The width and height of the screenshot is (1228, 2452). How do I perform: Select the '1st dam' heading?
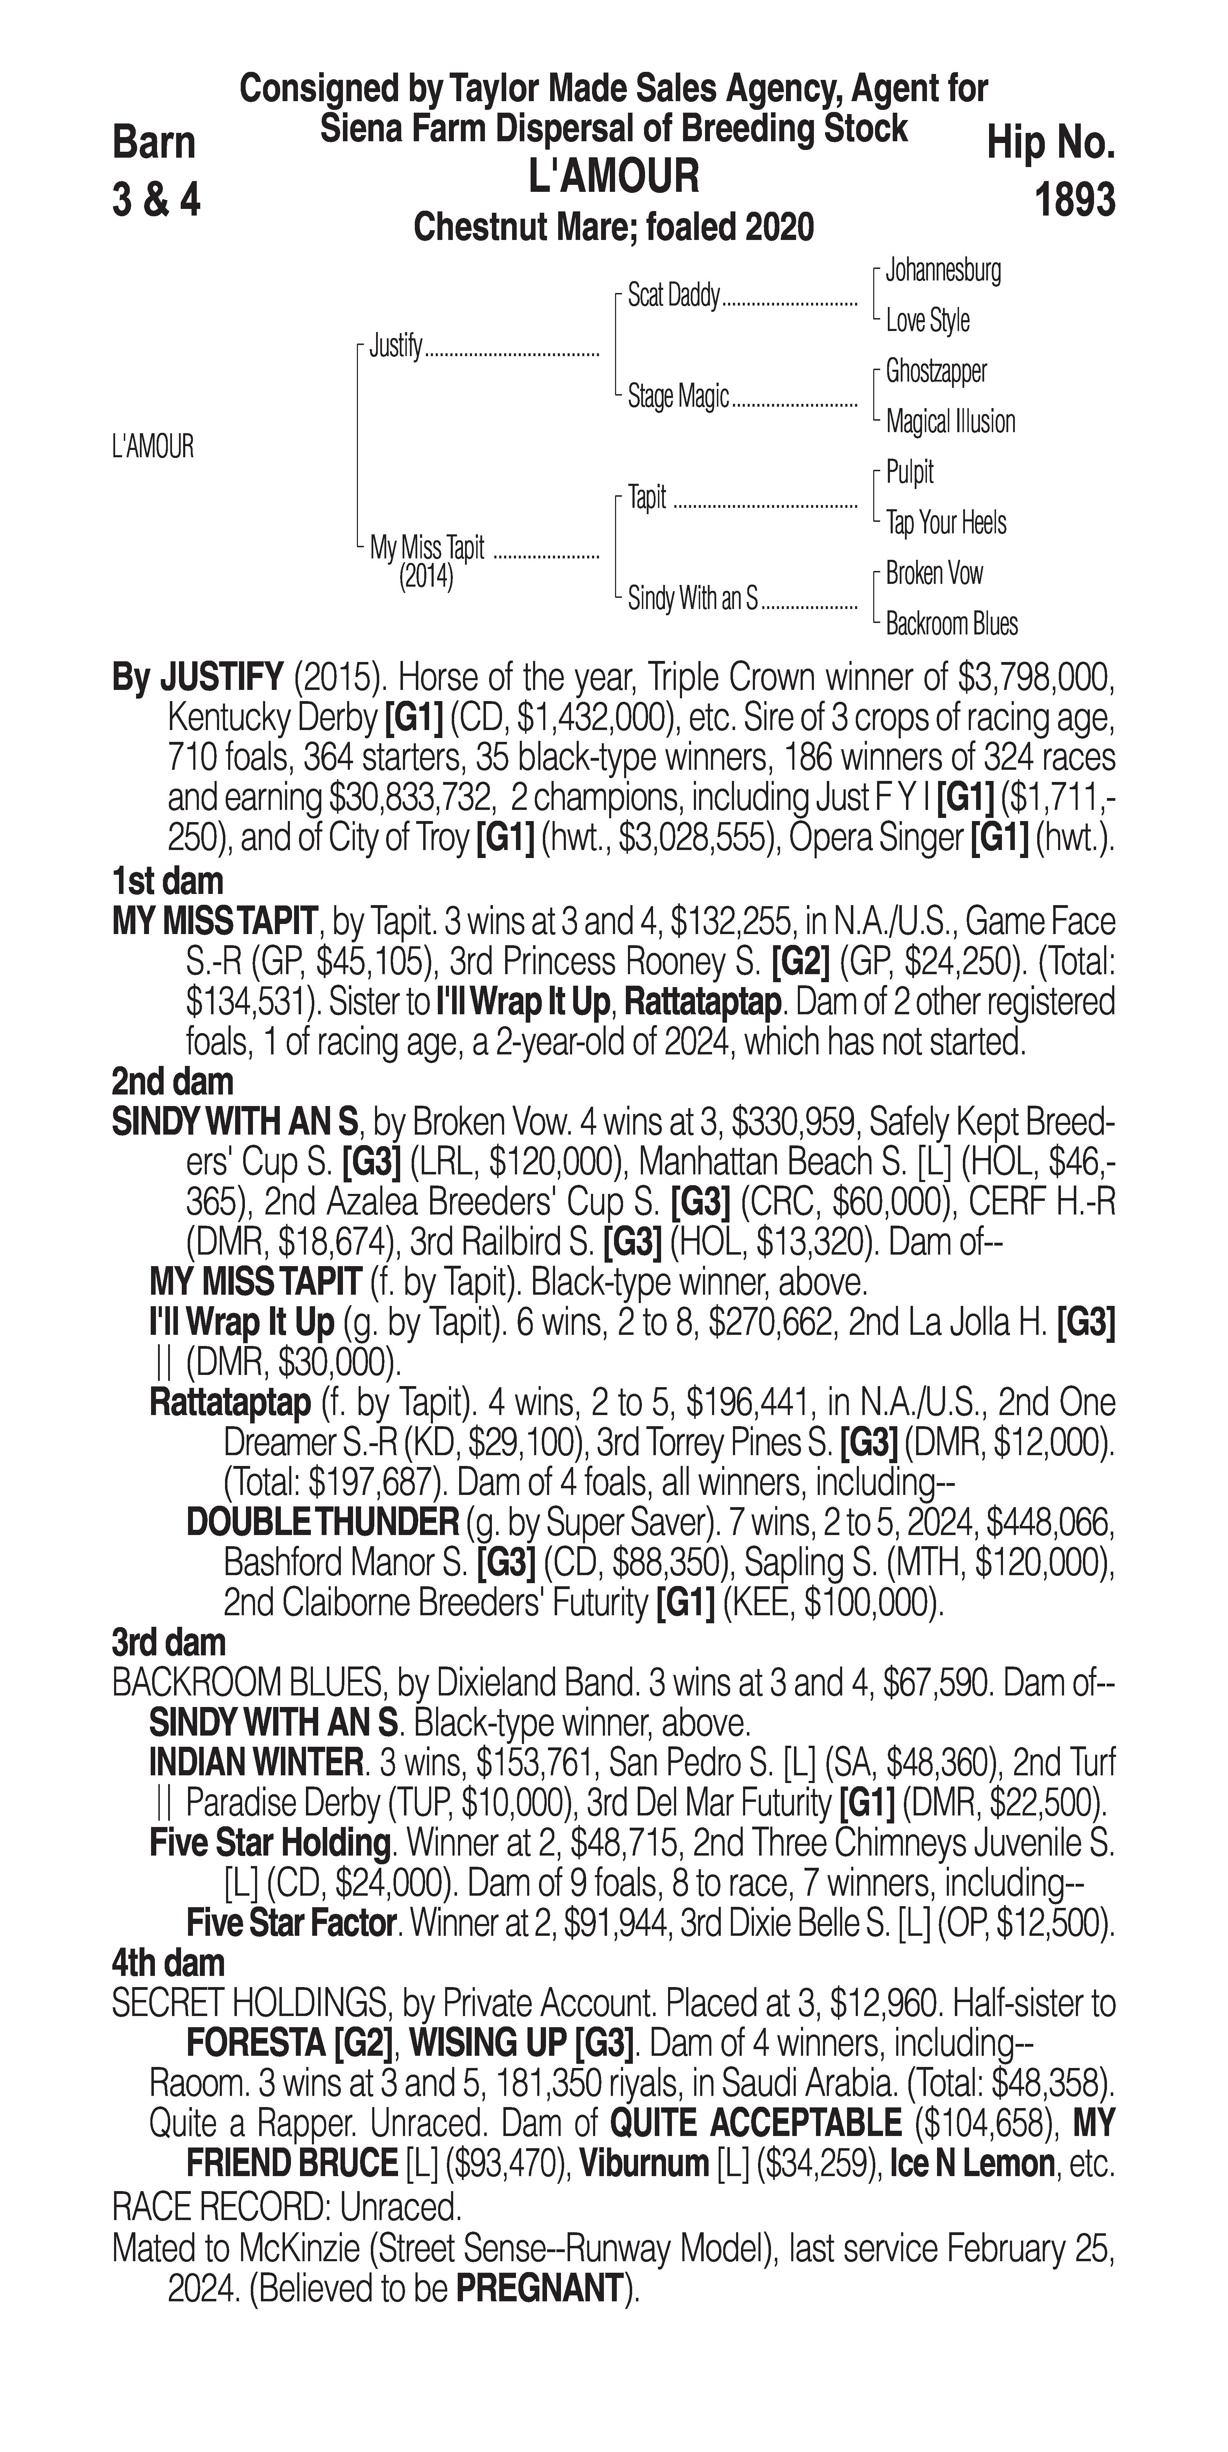coord(167,880)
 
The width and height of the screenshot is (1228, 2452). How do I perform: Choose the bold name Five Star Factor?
coord(290,1923)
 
